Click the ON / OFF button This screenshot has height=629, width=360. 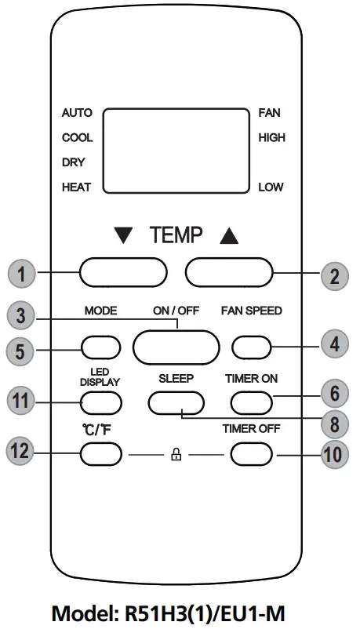coord(175,345)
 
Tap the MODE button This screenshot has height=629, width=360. coord(102,345)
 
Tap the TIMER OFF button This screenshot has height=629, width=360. coord(252,453)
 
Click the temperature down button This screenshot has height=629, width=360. coord(123,273)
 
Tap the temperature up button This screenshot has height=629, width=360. coord(228,273)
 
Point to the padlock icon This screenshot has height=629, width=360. coord(176,454)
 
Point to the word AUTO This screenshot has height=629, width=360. coord(76,113)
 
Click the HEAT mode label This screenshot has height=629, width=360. coord(76,187)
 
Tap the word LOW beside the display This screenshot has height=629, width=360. coord(271,187)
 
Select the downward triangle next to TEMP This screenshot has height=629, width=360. coord(123,234)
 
